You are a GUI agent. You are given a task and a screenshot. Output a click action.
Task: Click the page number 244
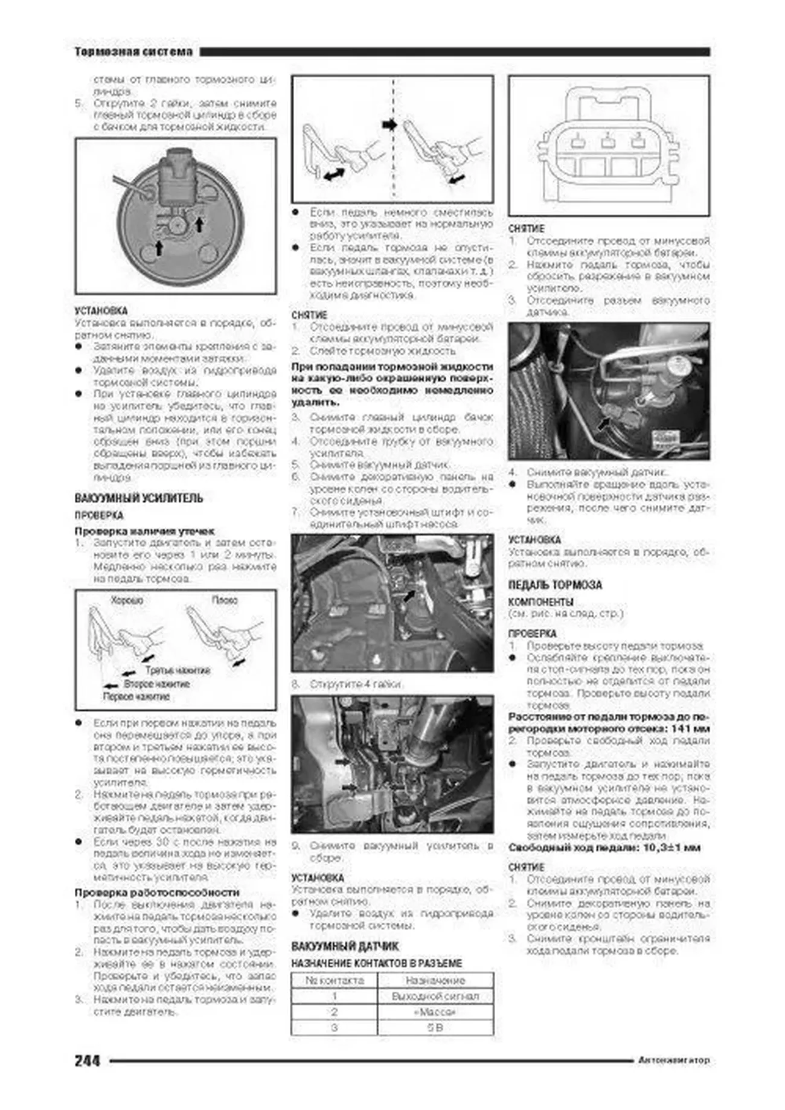[x=87, y=1060]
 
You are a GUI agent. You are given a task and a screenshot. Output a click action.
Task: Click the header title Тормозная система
[x=133, y=52]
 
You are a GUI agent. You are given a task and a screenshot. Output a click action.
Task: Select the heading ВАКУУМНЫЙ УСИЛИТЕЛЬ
[x=139, y=498]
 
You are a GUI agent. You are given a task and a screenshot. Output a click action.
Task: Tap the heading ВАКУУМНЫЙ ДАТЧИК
[x=345, y=946]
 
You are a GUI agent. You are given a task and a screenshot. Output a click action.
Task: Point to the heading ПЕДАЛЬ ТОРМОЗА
[x=555, y=585]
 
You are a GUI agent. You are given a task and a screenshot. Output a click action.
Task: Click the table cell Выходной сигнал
[x=435, y=996]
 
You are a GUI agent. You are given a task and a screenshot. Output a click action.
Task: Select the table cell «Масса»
[x=435, y=1012]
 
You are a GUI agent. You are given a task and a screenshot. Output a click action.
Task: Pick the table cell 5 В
[x=435, y=1027]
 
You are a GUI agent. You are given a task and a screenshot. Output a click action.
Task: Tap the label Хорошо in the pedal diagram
[x=127, y=600]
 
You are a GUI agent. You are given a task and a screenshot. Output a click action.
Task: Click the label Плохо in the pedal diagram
[x=225, y=600]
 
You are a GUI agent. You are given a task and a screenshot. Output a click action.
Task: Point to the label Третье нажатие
[x=178, y=671]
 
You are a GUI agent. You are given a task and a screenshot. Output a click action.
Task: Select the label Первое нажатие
[x=136, y=697]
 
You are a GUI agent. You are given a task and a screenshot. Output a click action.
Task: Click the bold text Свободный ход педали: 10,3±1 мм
[x=604, y=847]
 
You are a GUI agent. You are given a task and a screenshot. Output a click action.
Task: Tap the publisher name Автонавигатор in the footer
[x=674, y=1060]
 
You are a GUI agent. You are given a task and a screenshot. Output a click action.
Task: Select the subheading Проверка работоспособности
[x=157, y=892]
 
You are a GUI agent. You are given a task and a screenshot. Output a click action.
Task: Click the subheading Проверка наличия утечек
[x=144, y=531]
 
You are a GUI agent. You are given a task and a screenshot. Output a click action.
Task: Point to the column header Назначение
[x=435, y=980]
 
